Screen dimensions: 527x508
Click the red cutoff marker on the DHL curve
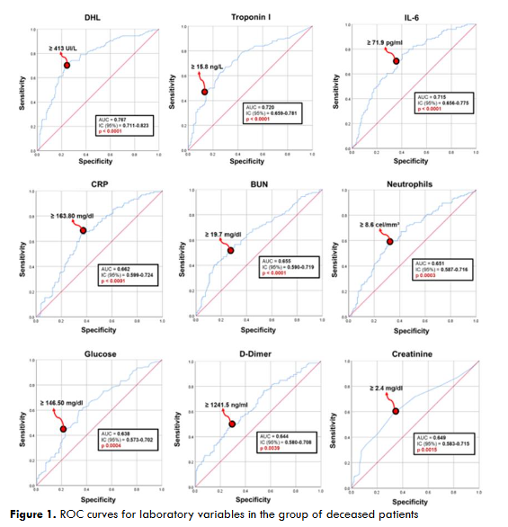tap(67, 66)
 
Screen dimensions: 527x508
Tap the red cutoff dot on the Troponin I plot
tap(204, 92)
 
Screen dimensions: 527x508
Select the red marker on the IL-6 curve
tap(396, 61)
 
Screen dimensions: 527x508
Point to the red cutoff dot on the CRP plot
tap(84, 231)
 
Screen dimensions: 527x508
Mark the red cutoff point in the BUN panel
tap(231, 250)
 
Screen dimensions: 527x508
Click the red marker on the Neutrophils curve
tap(389, 241)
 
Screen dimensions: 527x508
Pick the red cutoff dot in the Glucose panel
tap(64, 429)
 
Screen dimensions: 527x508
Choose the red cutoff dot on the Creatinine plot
tap(395, 411)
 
